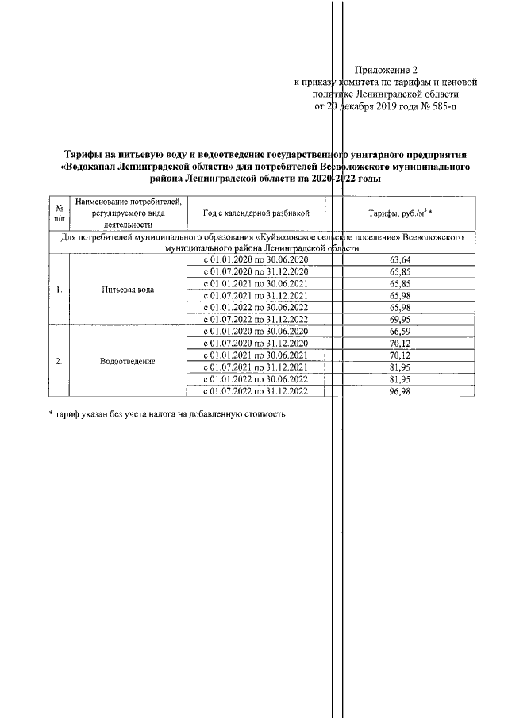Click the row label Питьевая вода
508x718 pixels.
coord(128,290)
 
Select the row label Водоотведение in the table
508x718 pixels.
coord(128,361)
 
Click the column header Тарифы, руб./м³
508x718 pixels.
coord(404,213)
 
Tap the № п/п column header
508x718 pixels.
coord(59,213)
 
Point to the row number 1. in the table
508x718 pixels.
coord(59,290)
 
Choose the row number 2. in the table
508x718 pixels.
coord(59,361)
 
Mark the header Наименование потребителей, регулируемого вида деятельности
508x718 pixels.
coord(128,213)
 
